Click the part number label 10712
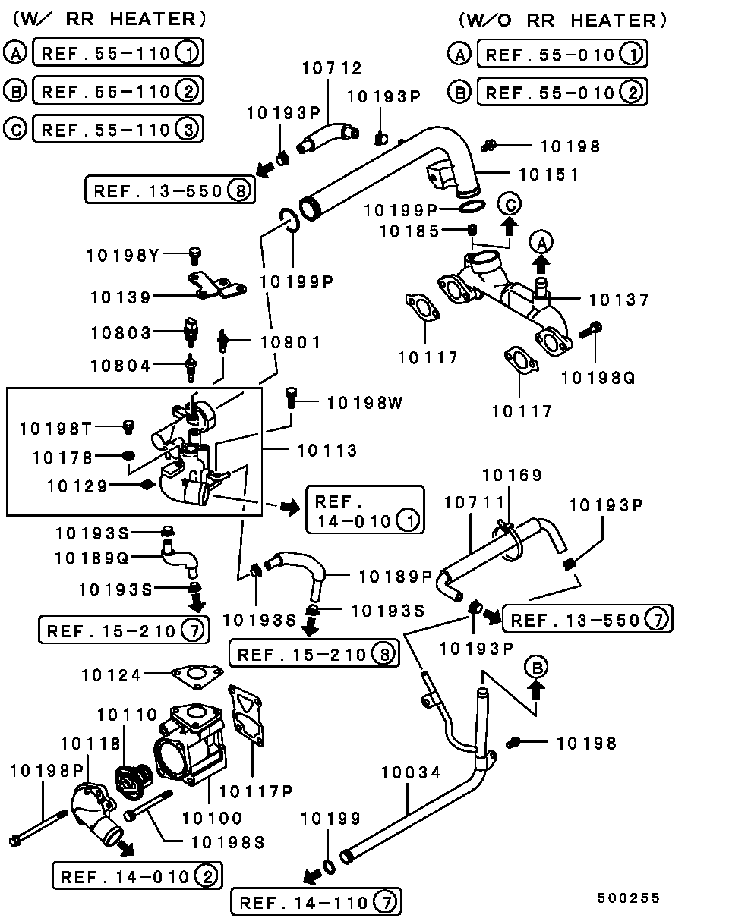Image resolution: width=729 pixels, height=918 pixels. point(332,69)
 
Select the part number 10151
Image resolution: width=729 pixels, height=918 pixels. point(549,174)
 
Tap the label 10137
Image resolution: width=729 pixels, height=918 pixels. point(619,300)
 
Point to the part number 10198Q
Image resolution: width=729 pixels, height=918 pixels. point(598,376)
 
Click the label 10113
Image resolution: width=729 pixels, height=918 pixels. point(327,451)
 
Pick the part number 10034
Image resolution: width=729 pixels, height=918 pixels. point(411,772)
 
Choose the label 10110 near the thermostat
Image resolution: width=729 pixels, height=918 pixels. point(127,714)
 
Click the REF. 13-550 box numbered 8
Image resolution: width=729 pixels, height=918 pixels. point(169,190)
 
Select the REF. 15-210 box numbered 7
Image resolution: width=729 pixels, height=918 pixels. point(122,630)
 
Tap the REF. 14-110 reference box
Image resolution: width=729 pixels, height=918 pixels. point(315,902)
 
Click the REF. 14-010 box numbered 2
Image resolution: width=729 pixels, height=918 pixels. point(137,877)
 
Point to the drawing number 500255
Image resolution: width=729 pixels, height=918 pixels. point(628,898)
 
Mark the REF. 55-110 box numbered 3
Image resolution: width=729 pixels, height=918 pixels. point(118,129)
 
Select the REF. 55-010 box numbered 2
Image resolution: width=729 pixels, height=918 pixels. point(562,93)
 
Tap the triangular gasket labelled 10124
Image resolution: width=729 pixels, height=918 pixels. point(197,674)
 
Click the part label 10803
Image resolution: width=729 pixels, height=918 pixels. point(121,332)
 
